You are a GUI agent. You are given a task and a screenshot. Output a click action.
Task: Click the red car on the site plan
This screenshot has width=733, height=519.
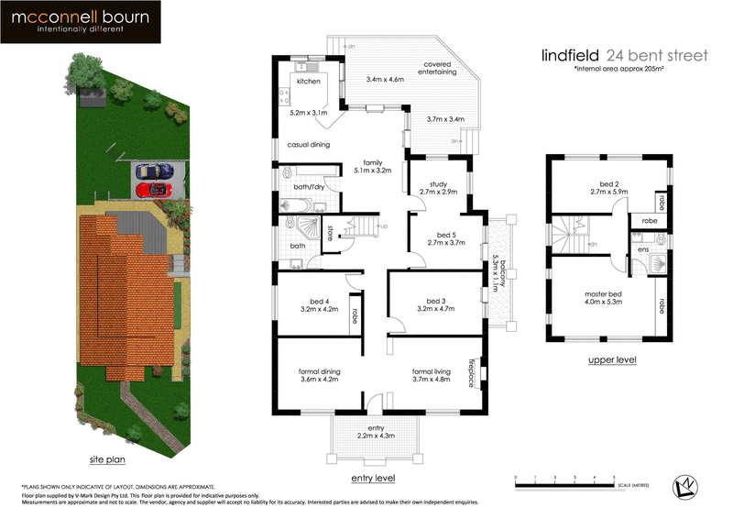[x=152, y=190]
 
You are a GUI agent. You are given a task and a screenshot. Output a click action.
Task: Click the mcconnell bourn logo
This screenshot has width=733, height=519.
[x=81, y=22]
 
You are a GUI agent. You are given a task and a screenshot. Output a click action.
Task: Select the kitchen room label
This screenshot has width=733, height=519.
[x=308, y=83]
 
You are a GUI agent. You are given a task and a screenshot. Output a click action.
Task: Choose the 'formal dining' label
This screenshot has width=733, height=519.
[x=320, y=370]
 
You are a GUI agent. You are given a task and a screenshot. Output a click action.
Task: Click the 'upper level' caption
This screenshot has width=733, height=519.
[x=612, y=360]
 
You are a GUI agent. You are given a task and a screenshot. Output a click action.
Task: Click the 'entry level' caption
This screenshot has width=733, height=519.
[x=373, y=479]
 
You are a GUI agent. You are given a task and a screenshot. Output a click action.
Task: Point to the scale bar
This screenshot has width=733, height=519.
[x=564, y=480]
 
